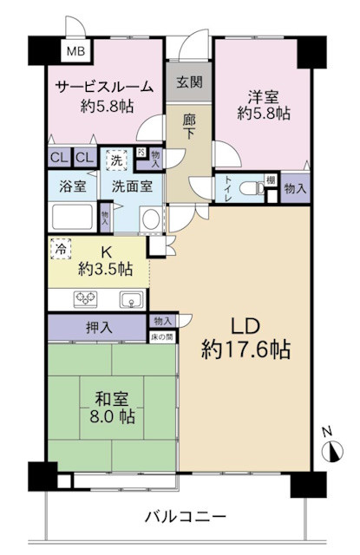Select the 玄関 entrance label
(x=189, y=83)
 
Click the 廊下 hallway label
(x=189, y=129)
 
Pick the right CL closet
(x=84, y=158)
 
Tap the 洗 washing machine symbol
(x=115, y=159)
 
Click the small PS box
(x=141, y=152)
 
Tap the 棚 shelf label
(x=271, y=179)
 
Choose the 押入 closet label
(x=97, y=328)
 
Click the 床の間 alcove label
(x=163, y=335)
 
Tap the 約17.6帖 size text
(x=247, y=350)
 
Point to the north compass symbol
(x=331, y=448)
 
